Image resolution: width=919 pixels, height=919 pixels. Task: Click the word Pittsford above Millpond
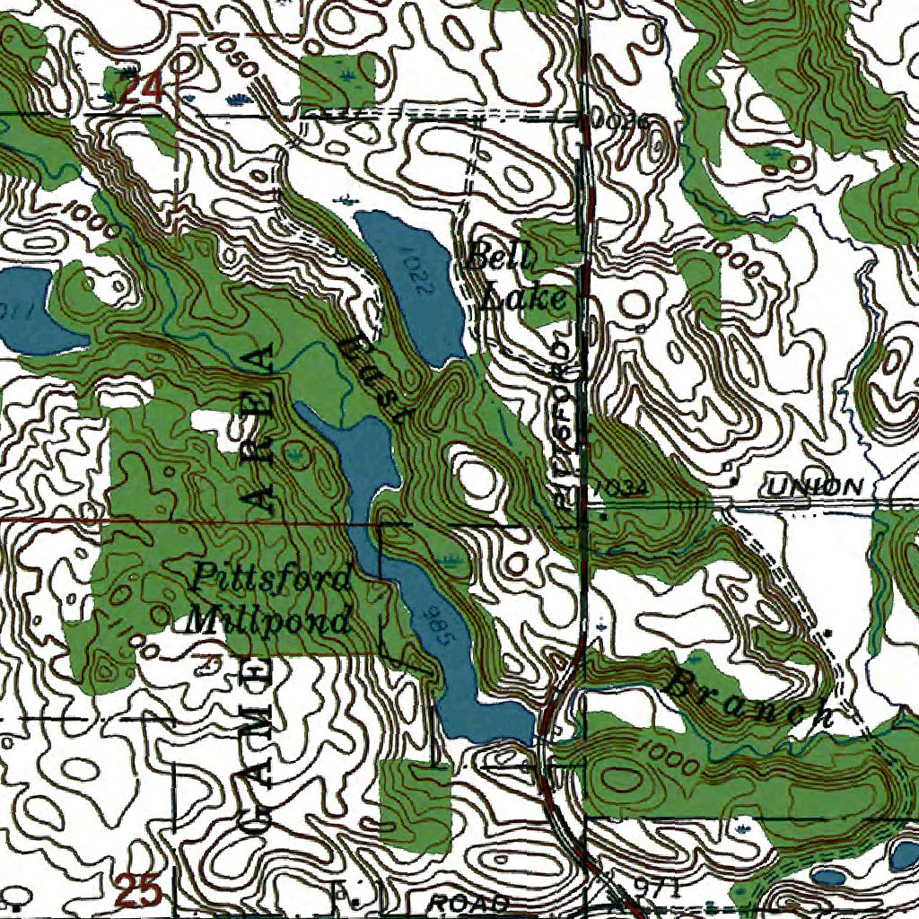271,576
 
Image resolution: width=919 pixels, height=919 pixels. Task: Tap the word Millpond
268,620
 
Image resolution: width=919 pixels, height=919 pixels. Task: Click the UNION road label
815,487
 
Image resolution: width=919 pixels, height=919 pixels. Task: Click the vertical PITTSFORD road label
564,422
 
